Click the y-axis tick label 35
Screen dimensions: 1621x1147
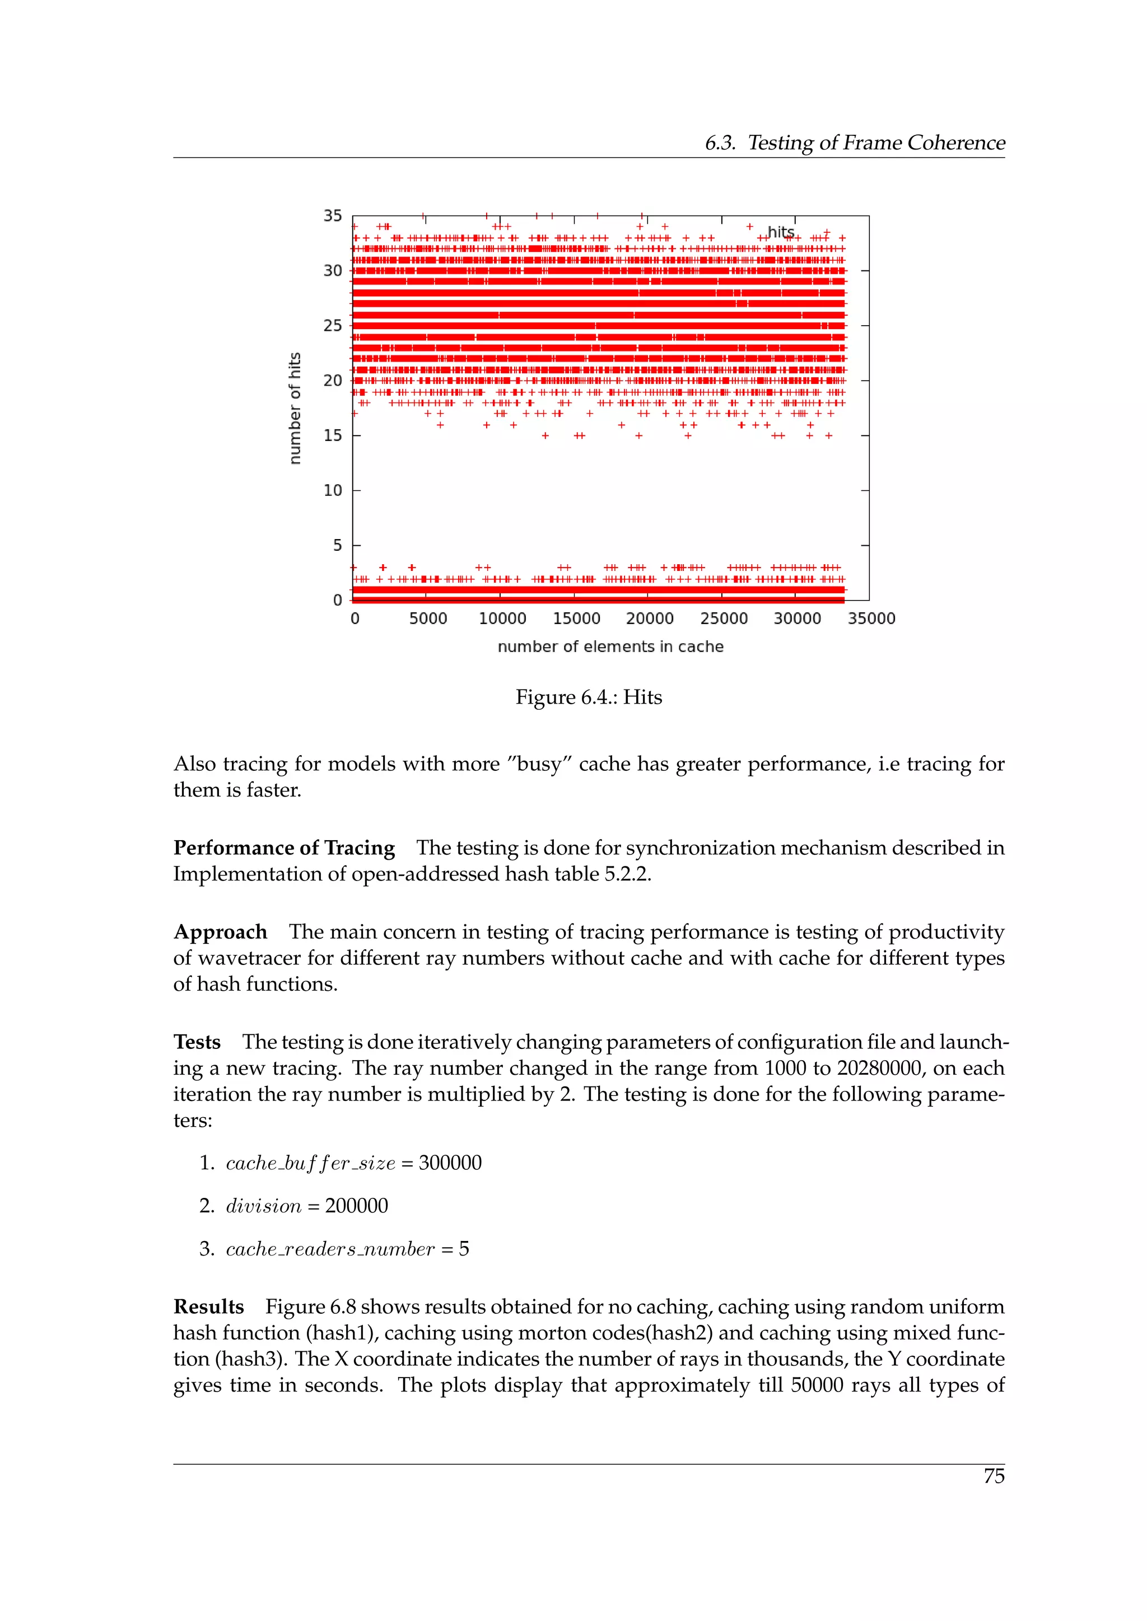point(332,215)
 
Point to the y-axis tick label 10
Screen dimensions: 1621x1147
point(332,490)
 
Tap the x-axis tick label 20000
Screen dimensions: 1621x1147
point(649,619)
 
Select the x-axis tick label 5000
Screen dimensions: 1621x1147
point(428,619)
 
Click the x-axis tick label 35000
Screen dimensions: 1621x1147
point(871,619)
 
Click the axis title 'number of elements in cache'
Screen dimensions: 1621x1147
point(610,646)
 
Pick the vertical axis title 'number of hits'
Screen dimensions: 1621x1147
point(295,408)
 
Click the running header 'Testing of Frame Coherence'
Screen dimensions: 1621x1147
point(876,143)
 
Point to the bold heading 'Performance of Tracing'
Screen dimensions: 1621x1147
point(284,847)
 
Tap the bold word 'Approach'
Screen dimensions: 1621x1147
point(220,932)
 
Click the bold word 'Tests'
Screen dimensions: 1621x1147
point(197,1042)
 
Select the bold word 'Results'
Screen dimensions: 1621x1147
point(208,1307)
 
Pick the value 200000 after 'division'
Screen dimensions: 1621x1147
point(356,1206)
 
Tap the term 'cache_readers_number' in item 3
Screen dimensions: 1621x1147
point(330,1249)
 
